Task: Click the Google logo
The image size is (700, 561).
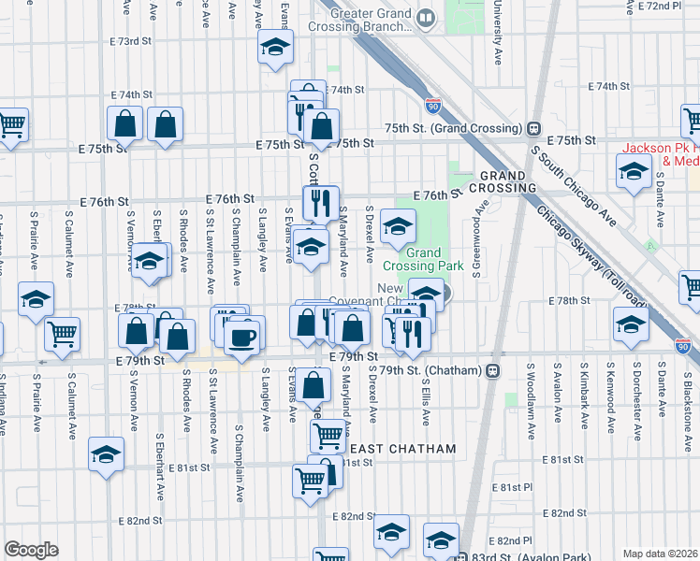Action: coord(32,550)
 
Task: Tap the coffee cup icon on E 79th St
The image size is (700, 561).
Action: coord(244,336)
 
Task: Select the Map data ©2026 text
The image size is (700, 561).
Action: coord(660,554)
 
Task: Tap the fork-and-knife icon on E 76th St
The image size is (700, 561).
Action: coord(320,202)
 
